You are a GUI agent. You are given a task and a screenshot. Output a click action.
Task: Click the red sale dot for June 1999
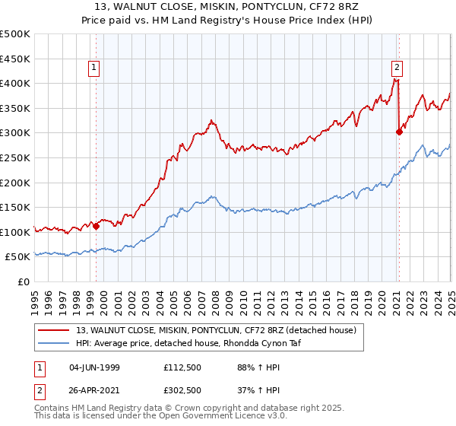(97, 226)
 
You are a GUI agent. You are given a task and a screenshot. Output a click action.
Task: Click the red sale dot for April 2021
(399, 132)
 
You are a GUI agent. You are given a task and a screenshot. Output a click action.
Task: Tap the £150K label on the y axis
(16, 207)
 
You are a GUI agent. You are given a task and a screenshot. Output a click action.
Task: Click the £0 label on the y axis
(22, 281)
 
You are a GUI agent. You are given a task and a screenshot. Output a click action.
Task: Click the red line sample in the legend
(55, 329)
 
